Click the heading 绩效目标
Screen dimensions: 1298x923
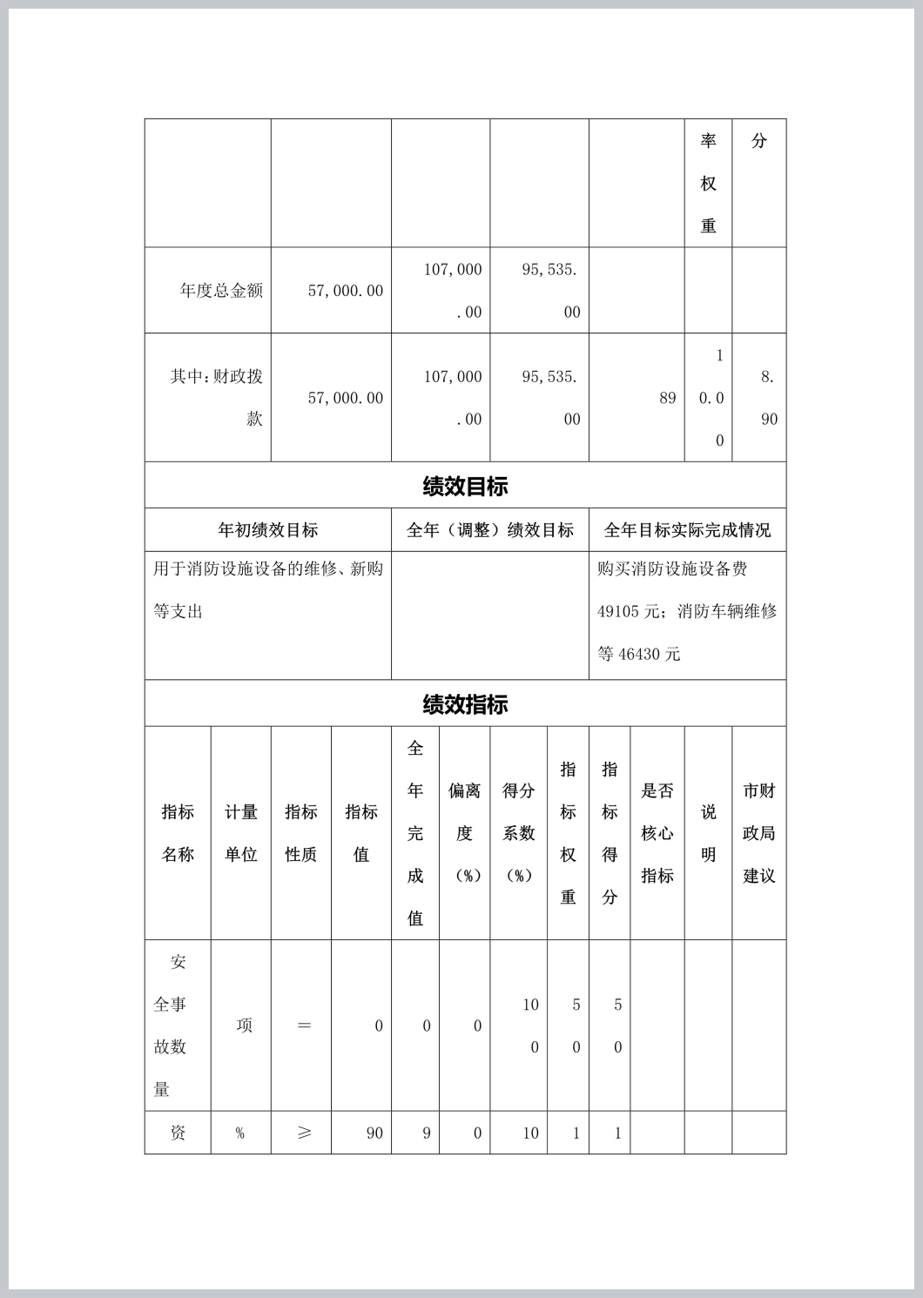[x=465, y=486]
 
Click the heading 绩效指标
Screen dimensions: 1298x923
[x=465, y=704]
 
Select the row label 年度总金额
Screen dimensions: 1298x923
[x=221, y=290]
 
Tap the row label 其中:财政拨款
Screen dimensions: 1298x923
[x=216, y=397]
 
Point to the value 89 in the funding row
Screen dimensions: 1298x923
[x=667, y=398]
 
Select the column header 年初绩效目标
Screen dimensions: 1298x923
[x=267, y=529]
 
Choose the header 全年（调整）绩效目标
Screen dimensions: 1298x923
[x=489, y=529]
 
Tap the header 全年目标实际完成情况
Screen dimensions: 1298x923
[x=687, y=529]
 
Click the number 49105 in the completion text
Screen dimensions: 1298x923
[x=618, y=611]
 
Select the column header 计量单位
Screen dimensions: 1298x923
[x=240, y=833]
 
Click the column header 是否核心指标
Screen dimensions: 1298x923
[x=657, y=833]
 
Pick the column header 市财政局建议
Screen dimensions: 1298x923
[x=758, y=833]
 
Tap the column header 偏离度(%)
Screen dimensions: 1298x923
[x=464, y=833]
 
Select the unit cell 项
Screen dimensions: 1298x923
[x=245, y=1026]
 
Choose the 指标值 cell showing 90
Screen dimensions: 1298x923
[x=374, y=1133]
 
